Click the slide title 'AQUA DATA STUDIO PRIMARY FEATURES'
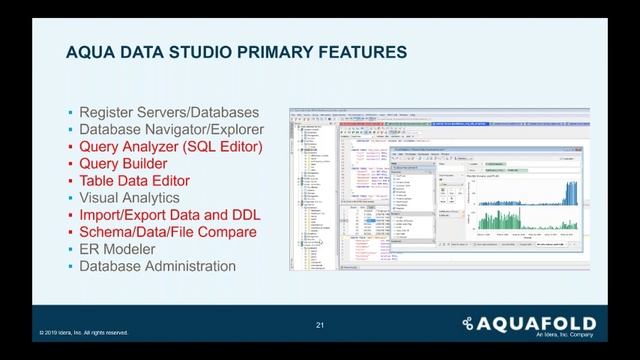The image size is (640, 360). coord(236,52)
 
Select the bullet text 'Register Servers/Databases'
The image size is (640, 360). coord(170,112)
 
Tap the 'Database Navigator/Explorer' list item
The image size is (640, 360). coord(172,130)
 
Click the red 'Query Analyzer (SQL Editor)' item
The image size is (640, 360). coord(171,147)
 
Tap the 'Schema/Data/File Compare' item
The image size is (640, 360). coord(168,232)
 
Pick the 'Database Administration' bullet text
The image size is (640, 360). coord(158,267)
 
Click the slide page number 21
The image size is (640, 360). coord(320,325)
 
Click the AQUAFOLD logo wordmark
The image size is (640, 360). coord(535,323)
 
